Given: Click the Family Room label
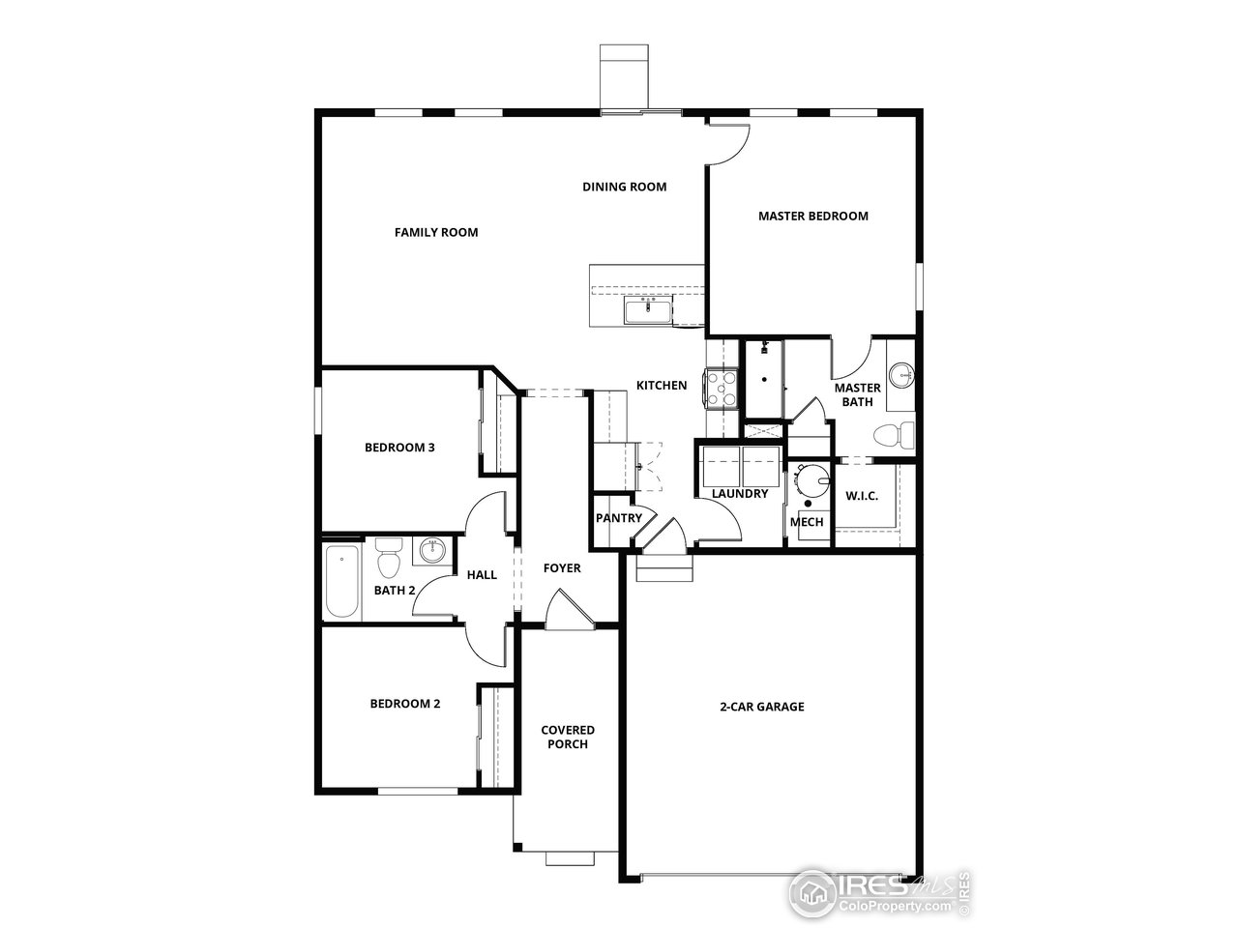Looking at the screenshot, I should (x=435, y=232).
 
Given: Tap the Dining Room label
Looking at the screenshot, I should (x=624, y=187).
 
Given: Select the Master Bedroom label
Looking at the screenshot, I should (x=812, y=216).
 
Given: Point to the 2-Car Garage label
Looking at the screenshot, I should (x=761, y=707).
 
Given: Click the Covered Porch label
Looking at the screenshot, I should (x=568, y=737).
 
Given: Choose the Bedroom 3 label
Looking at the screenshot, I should (x=398, y=448).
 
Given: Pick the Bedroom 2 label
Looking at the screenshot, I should (x=404, y=704).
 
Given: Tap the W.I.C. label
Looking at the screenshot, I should (x=861, y=496).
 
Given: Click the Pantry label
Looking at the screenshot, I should (x=618, y=517).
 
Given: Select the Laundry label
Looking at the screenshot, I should (x=739, y=494).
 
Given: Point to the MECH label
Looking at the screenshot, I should (x=807, y=522).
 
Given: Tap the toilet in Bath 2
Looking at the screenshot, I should (x=388, y=559).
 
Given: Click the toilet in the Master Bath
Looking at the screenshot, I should (x=896, y=435).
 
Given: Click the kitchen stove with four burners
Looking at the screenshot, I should (x=722, y=389).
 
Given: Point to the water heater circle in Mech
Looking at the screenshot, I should (x=811, y=478).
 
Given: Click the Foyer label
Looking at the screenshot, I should (x=561, y=568).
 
